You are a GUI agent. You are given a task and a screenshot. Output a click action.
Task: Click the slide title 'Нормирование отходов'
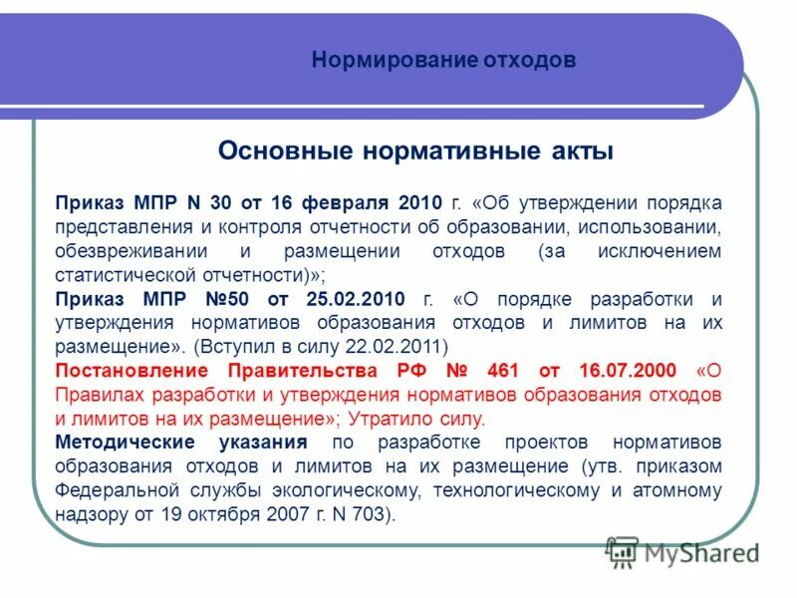click(443, 60)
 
